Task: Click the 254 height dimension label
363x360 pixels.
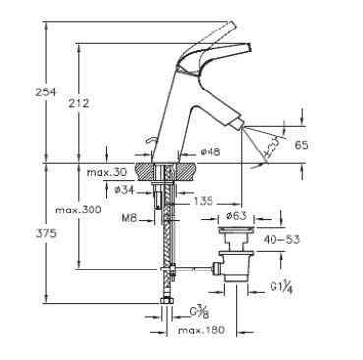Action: point(46,92)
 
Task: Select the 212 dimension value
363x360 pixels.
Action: point(79,103)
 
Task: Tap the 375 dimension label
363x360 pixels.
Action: point(46,233)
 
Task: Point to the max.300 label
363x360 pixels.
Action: point(79,210)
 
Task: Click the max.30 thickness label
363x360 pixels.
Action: point(106,172)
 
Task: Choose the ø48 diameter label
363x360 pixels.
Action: point(211,151)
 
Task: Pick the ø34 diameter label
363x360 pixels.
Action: point(124,190)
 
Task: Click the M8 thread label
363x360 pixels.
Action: point(129,218)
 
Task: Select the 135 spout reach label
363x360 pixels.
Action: point(203,201)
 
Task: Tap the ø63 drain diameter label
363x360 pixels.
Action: point(236,216)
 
